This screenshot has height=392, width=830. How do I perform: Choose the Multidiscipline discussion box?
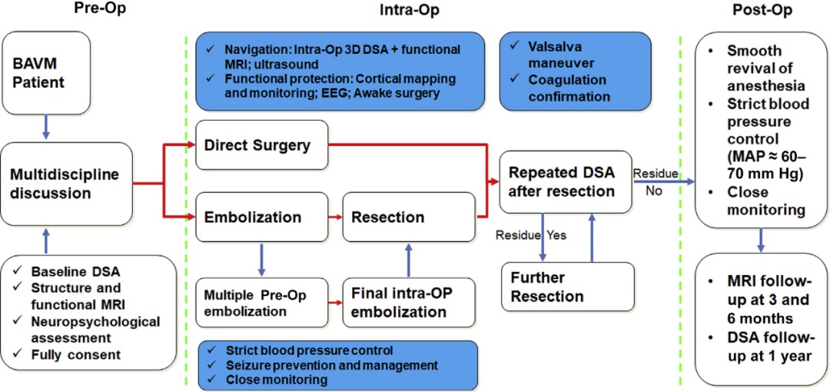coord(66,184)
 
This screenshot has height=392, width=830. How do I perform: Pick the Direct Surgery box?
coord(262,145)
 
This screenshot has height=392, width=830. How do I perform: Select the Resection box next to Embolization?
coord(409,216)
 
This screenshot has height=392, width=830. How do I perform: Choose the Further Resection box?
coord(567,287)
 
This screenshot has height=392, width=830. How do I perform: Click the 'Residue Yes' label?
coord(531,234)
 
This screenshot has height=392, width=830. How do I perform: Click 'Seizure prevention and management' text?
coord(331,365)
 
